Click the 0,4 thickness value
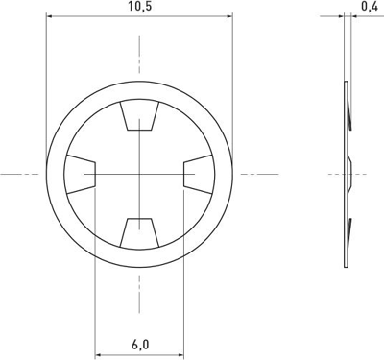tap(368, 7)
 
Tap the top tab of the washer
tap(140, 118)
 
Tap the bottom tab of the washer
tap(140, 230)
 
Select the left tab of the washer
tap(83, 174)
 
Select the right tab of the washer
tap(196, 174)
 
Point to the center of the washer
tap(140, 174)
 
